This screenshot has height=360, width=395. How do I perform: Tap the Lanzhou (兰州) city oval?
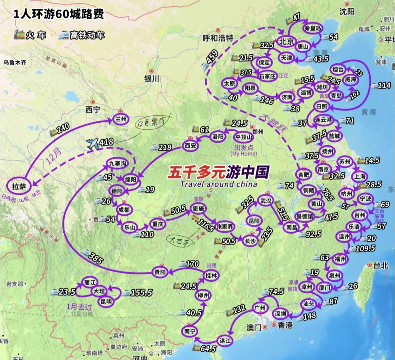point(121,119)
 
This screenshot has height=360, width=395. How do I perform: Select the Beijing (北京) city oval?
point(286,41)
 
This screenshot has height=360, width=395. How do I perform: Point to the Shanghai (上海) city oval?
point(360,176)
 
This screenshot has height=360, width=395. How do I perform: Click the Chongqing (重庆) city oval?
point(157,224)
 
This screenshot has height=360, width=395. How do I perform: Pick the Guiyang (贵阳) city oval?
point(160,272)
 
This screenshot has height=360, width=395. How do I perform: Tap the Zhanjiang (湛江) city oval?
point(225,341)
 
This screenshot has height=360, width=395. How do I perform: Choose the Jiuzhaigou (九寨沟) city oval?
point(117,163)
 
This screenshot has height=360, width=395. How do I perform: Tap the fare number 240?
point(63,128)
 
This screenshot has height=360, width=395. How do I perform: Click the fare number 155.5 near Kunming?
point(141,292)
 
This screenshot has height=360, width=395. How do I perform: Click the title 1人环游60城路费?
point(58,14)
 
